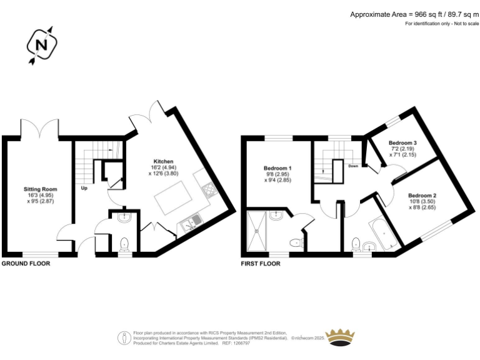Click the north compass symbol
(42, 45)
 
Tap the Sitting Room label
(41, 189)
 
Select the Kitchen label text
(164, 161)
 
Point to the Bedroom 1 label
(277, 169)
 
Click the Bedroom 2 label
(422, 196)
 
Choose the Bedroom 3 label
(402, 143)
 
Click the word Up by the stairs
(83, 187)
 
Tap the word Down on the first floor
(353, 166)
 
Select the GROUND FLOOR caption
(26, 264)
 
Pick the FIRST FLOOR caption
(261, 264)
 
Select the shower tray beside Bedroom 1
(257, 230)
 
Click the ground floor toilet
(124, 243)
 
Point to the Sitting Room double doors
(40, 130)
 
